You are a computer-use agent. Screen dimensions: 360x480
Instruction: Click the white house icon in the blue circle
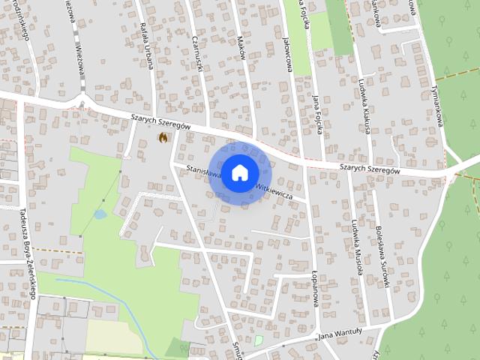[x=239, y=172]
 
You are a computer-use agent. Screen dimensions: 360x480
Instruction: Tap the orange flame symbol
[x=163, y=137]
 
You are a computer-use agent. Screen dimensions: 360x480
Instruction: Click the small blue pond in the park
[x=100, y=214]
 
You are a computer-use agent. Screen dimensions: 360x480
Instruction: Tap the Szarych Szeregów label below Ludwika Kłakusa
[x=369, y=170]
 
